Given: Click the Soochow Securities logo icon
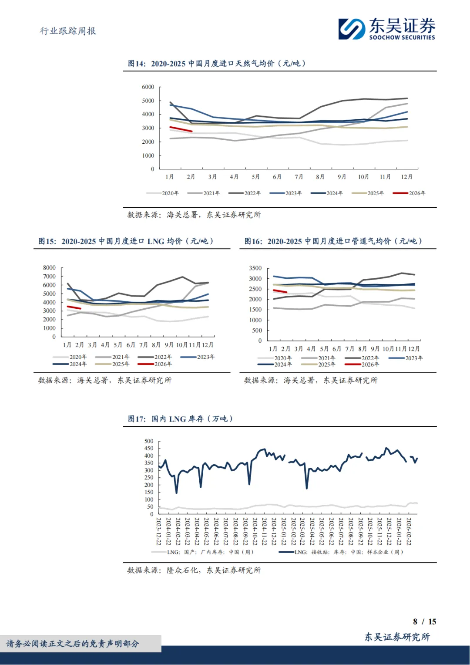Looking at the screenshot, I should (x=352, y=29).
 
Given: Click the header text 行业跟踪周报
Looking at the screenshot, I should (x=68, y=31).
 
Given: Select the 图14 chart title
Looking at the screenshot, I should (x=217, y=64).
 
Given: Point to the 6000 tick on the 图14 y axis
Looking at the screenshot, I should (x=148, y=87).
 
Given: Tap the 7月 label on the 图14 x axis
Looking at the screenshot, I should (x=299, y=177).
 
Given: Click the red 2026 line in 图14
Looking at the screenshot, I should (x=181, y=129).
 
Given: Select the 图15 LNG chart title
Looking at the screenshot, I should (x=126, y=241).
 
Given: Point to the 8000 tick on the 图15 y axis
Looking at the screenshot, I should (x=49, y=268).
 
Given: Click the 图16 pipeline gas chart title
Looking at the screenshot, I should (x=333, y=241).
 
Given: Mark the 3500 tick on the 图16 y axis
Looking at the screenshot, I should (x=255, y=268).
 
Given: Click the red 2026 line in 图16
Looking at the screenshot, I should (x=280, y=291).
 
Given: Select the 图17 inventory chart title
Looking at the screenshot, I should (x=181, y=419).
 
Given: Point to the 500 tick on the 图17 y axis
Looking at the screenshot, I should (x=149, y=441).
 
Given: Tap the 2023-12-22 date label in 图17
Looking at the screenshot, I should (x=159, y=531).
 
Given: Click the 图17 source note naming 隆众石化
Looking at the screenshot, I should (x=194, y=570).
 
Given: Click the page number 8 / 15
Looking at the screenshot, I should (x=424, y=621).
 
